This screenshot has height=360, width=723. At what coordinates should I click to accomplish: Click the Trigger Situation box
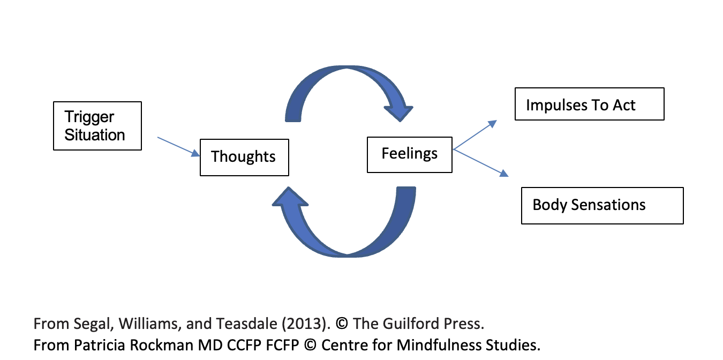pos(97,126)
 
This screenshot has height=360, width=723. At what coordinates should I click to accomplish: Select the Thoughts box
pos(244,157)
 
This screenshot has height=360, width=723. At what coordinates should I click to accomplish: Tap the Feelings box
pos(409,154)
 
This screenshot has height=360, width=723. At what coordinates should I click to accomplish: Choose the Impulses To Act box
pos(589,104)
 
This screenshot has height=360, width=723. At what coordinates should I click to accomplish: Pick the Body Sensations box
pos(602,205)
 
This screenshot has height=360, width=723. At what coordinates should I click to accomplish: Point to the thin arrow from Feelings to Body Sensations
pos(480,162)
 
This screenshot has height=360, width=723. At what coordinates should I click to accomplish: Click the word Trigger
pos(89,117)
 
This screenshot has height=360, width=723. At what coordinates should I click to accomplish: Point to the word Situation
pos(95,135)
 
